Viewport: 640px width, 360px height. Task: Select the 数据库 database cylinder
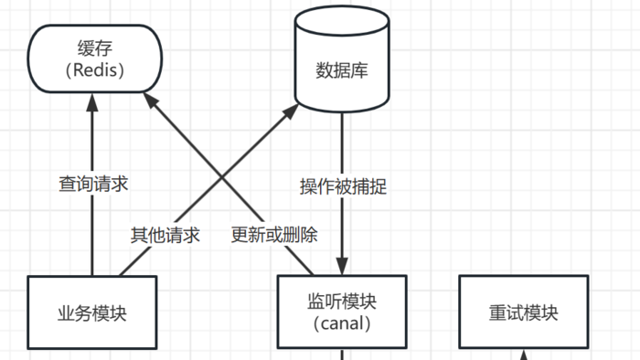pyautogui.click(x=342, y=69)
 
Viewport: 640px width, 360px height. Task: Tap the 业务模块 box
pyautogui.click(x=92, y=312)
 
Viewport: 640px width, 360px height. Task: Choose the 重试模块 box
pyautogui.click(x=523, y=312)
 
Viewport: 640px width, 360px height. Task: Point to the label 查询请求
pyautogui.click(x=92, y=184)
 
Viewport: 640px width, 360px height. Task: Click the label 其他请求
pyautogui.click(x=165, y=235)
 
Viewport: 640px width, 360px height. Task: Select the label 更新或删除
pyautogui.click(x=274, y=235)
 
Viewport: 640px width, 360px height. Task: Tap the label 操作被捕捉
pyautogui.click(x=343, y=186)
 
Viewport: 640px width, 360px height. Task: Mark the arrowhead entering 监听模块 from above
pyautogui.click(x=342, y=267)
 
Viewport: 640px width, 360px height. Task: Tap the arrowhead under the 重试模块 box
pyautogui.click(x=523, y=355)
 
